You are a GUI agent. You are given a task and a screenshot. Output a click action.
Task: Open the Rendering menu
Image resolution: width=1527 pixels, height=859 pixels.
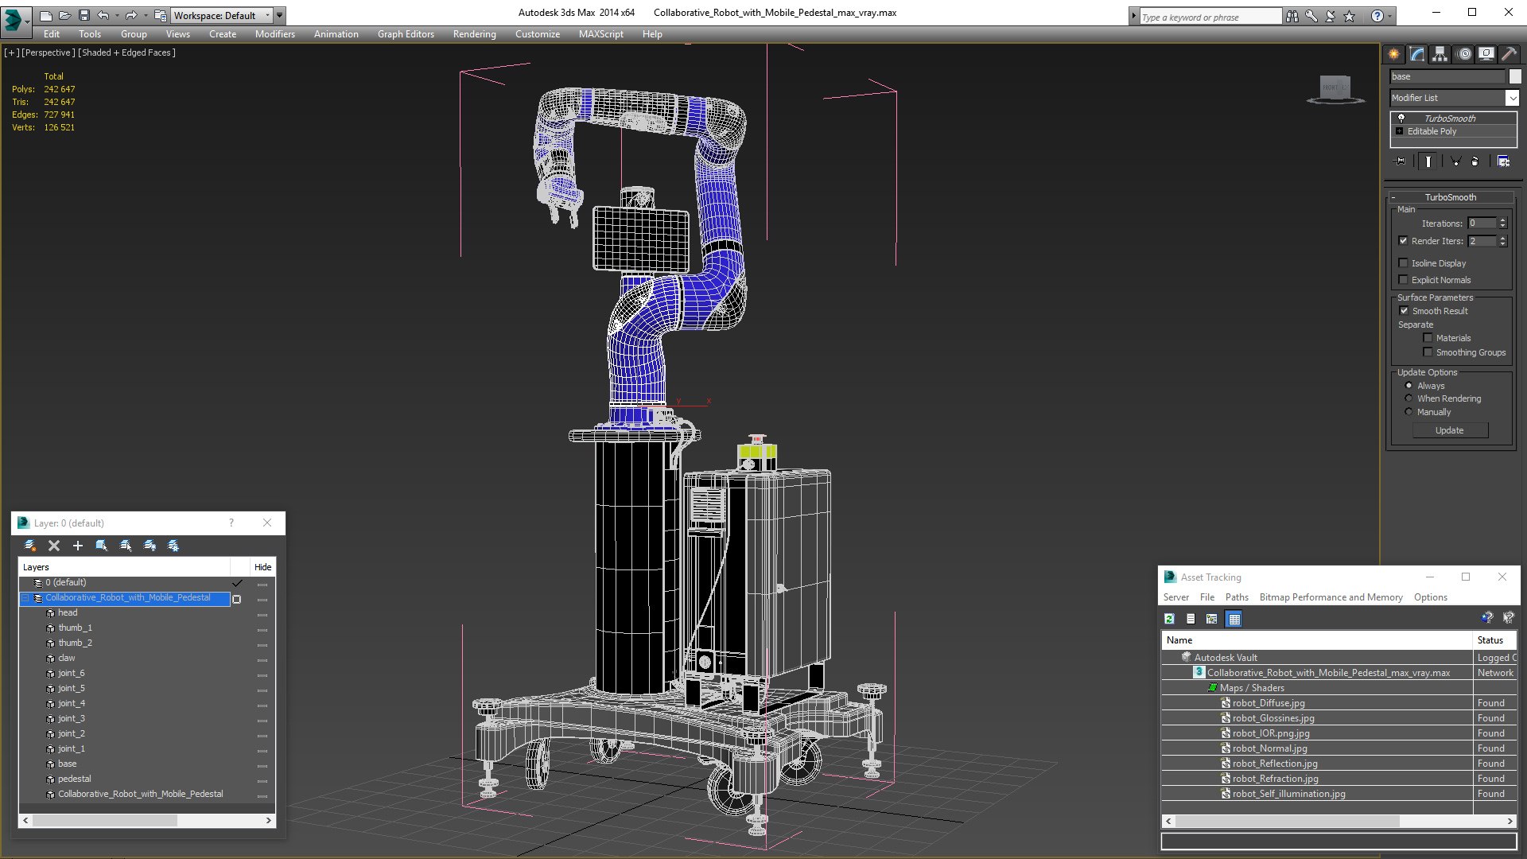474,34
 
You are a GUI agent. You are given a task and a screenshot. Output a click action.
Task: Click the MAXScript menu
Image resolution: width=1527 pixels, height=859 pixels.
600,34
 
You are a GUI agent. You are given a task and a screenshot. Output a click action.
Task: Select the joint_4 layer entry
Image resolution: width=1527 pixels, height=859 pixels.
71,703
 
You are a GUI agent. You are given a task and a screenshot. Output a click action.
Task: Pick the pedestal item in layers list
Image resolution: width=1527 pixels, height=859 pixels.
74,779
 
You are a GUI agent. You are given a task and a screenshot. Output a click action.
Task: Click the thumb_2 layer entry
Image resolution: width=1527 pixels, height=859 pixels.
75,643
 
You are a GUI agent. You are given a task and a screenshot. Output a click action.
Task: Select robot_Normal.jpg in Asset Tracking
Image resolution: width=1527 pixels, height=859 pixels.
1269,748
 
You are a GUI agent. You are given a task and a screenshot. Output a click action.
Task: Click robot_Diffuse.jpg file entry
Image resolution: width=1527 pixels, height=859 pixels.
1268,703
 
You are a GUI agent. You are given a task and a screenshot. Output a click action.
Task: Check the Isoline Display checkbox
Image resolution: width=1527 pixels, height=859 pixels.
1403,263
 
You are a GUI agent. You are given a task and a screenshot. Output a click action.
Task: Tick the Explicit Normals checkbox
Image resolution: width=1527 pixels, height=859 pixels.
1403,280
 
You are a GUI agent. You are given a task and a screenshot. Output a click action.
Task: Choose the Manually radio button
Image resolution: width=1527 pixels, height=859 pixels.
1408,412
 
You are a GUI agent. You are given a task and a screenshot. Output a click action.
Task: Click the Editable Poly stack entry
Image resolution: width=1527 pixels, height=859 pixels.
1432,131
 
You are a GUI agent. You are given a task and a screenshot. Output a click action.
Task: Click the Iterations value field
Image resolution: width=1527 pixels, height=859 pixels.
1482,223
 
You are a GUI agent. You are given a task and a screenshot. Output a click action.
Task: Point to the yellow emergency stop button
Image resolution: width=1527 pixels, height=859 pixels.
756,452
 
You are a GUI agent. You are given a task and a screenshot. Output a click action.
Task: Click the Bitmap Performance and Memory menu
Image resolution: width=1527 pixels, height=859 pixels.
1331,597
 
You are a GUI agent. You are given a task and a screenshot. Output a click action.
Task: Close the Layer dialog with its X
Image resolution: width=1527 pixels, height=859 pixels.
267,523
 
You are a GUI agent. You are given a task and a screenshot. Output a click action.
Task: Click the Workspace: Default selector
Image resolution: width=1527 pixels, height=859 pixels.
221,15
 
